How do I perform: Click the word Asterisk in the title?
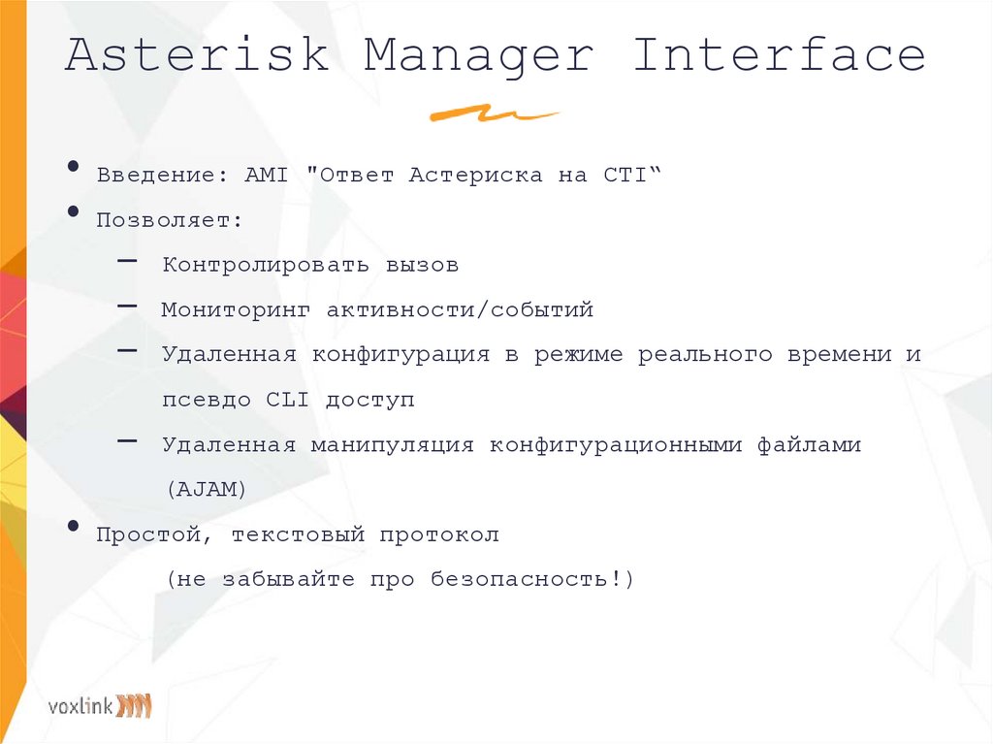click(x=197, y=55)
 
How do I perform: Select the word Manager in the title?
click(x=478, y=55)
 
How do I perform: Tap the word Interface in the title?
click(x=779, y=55)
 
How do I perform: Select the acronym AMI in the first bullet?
click(x=262, y=176)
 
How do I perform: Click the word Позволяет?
click(x=169, y=220)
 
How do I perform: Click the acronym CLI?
click(x=287, y=400)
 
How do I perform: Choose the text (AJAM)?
click(x=207, y=490)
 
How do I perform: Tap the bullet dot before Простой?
click(x=75, y=527)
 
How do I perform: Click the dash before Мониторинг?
click(x=127, y=307)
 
